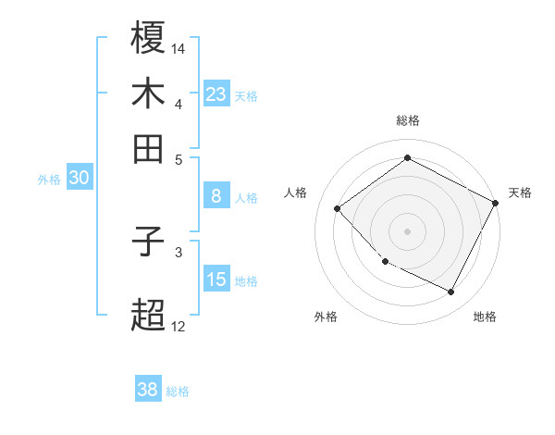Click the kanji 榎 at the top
[149, 39]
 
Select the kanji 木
[149, 93]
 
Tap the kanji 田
[149, 148]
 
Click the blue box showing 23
[216, 93]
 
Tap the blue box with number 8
[216, 196]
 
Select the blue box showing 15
[216, 280]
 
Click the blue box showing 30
[79, 179]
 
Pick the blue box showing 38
[148, 390]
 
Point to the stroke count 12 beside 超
[179, 326]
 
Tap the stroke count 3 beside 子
[179, 251]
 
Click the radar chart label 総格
[408, 120]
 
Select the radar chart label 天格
[520, 193]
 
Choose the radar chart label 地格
[485, 317]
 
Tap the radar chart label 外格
[326, 317]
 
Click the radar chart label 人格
[296, 193]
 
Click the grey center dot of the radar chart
[407, 230]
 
